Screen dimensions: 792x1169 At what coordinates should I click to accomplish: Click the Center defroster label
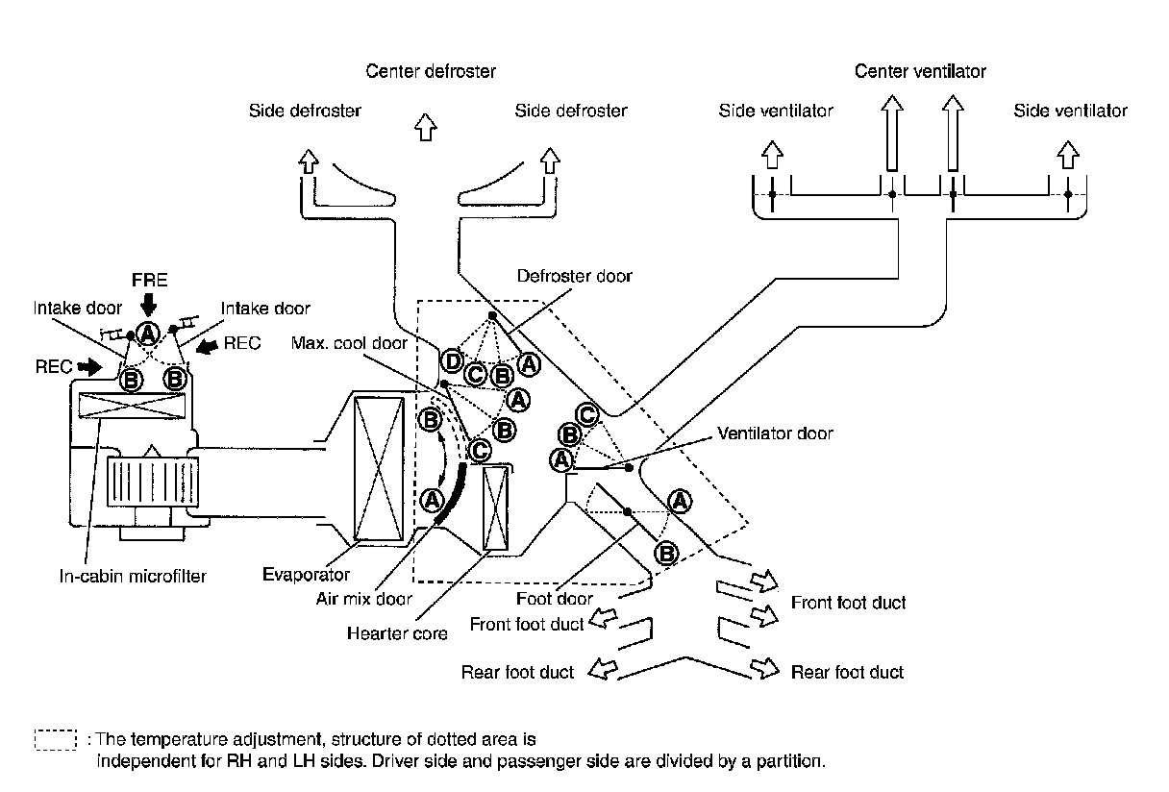pyautogui.click(x=431, y=72)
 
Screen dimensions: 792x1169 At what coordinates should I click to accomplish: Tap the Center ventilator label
pyautogui.click(x=920, y=72)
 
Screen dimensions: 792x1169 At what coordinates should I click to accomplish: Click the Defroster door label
pyautogui.click(x=575, y=277)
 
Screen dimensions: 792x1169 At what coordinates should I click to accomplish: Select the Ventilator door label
pyautogui.click(x=775, y=433)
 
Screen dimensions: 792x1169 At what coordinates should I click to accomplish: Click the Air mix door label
pyautogui.click(x=364, y=599)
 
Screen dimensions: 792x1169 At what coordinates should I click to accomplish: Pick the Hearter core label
pyautogui.click(x=398, y=634)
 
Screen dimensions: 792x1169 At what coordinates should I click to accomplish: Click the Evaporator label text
pyautogui.click(x=306, y=575)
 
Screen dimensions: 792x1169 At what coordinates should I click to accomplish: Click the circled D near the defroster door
pyautogui.click(x=451, y=362)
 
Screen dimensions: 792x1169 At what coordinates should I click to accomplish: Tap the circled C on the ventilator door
pyautogui.click(x=588, y=415)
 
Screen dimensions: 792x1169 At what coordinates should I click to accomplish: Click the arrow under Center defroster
pyautogui.click(x=425, y=126)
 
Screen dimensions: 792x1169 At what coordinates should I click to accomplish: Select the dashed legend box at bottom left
pyautogui.click(x=55, y=739)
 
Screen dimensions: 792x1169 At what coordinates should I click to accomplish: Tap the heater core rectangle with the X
pyautogui.click(x=498, y=507)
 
